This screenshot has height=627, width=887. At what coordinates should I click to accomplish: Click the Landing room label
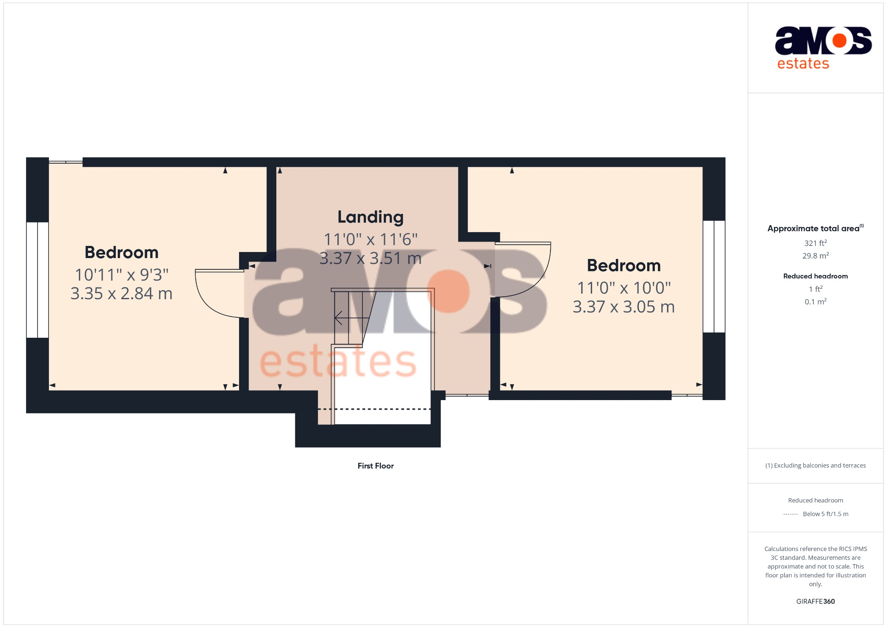pyautogui.click(x=370, y=217)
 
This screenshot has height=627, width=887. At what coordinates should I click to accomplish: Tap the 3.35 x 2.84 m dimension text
pyautogui.click(x=121, y=294)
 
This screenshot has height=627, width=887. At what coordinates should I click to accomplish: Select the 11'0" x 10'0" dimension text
pyautogui.click(x=624, y=288)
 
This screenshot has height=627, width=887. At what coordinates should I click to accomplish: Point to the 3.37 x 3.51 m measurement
pyautogui.click(x=370, y=259)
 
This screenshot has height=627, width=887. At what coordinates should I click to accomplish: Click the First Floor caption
pyautogui.click(x=376, y=466)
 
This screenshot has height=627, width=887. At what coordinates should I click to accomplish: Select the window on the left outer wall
pyautogui.click(x=37, y=280)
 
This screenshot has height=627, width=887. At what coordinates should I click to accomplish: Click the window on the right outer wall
pyautogui.click(x=714, y=276)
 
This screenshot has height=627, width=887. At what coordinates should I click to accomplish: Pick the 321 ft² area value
pyautogui.click(x=816, y=243)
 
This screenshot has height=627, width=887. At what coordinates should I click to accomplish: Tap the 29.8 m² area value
pyautogui.click(x=816, y=256)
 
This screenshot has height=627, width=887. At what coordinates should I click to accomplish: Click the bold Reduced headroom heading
pyautogui.click(x=816, y=276)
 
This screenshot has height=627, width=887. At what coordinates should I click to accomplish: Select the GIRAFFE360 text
pyautogui.click(x=816, y=601)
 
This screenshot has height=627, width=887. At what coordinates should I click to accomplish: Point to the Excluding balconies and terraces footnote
pyautogui.click(x=816, y=465)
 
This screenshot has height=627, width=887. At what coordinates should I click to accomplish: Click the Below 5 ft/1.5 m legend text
pyautogui.click(x=825, y=514)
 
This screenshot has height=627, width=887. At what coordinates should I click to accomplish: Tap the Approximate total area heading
pyautogui.click(x=813, y=229)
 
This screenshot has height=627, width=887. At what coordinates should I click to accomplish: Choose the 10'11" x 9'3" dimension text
pyautogui.click(x=121, y=275)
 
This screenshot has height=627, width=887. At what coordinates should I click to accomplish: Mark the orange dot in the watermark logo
pyautogui.click(x=448, y=291)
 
